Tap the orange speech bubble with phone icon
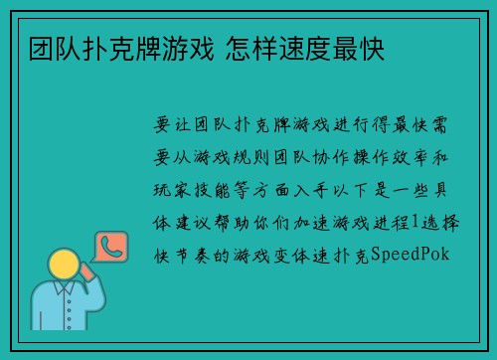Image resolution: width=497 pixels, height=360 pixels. point(107,246)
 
